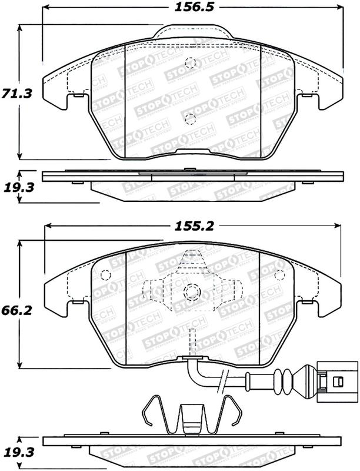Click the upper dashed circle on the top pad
click(189, 64)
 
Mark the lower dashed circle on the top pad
click(189, 120)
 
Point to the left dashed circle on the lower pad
click(106, 275)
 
